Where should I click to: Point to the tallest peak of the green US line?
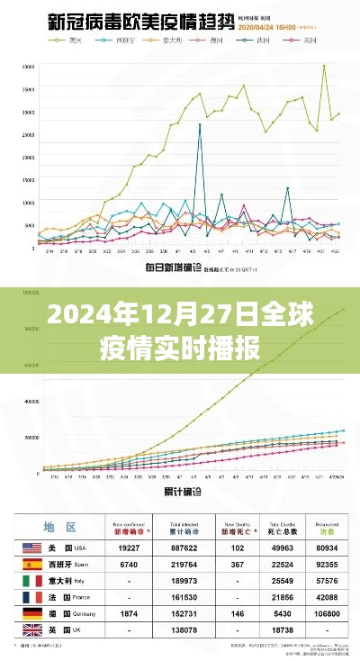tap(324, 65)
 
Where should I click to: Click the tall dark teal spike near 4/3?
tap(199, 125)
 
